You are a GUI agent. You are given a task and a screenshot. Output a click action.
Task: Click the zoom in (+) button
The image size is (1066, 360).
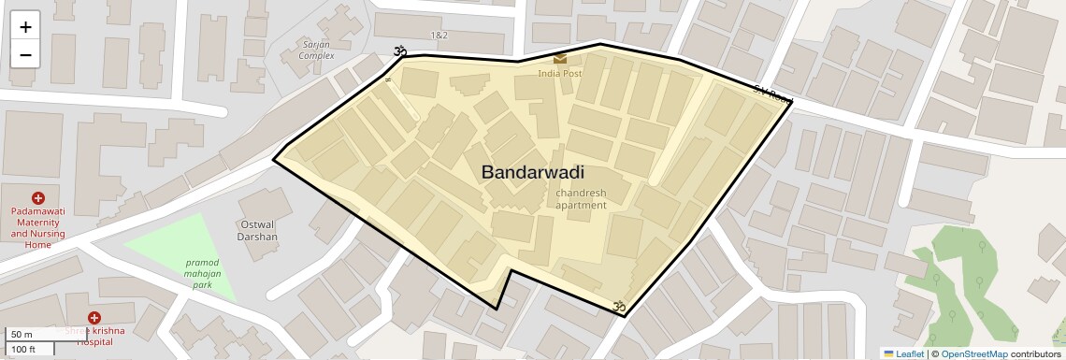(x=25, y=27)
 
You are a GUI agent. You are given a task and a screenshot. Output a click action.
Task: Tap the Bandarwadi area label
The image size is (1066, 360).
(x=532, y=172)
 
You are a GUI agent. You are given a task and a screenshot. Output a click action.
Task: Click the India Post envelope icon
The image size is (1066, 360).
(x=560, y=59)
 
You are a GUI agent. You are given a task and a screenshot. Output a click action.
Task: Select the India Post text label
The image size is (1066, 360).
(x=559, y=73)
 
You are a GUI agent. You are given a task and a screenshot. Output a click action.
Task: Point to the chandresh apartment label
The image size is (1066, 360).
(x=581, y=198)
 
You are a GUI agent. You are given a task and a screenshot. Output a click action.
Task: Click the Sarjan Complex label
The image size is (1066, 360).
(x=316, y=50)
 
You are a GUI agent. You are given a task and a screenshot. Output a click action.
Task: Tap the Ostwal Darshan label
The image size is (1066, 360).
(x=259, y=230)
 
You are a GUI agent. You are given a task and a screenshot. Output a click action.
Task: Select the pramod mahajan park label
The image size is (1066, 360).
(x=202, y=273)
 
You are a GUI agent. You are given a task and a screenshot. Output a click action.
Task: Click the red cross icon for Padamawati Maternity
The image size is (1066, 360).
(x=38, y=198)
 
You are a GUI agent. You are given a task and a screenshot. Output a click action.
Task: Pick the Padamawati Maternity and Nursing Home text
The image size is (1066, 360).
(x=38, y=228)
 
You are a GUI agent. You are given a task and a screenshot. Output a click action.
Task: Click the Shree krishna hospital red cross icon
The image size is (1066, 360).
(x=94, y=319)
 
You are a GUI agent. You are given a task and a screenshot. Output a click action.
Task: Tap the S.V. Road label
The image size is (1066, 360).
(x=772, y=94)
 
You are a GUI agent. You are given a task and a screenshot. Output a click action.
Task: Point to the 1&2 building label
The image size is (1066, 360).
(x=439, y=35)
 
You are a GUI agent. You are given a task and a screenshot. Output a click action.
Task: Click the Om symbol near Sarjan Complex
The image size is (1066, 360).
(x=401, y=51)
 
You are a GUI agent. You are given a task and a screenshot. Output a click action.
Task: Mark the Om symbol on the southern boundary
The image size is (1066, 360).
(x=617, y=305)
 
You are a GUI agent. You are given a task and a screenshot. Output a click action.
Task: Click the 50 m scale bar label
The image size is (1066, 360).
(x=22, y=335)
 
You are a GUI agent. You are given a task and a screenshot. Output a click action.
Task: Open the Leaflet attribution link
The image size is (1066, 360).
(x=903, y=353)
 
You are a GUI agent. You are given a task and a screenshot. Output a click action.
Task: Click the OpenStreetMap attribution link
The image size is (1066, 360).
(x=973, y=353)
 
